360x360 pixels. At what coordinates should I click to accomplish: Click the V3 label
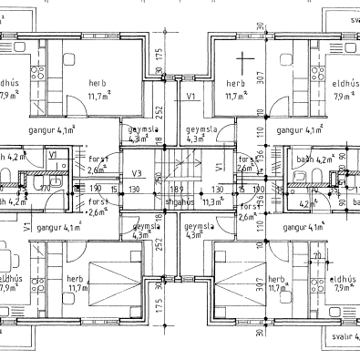(x=137, y=173)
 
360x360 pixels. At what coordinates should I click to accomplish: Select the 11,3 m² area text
(x=212, y=202)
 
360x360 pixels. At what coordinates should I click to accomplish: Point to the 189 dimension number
(x=177, y=189)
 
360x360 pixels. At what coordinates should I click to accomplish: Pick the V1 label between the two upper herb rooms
(x=192, y=95)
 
